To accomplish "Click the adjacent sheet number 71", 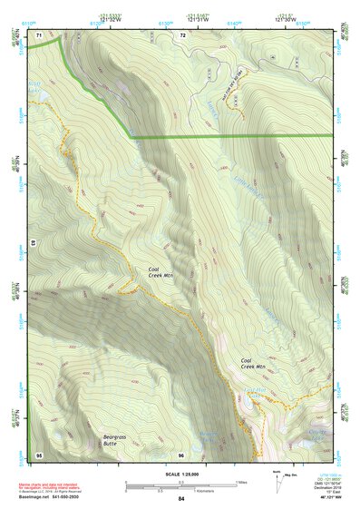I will pyautogui.click(x=39, y=34).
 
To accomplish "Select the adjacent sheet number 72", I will pyautogui.click(x=182, y=34).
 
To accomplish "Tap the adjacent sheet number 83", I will pyautogui.click(x=32, y=244).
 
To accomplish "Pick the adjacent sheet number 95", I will pyautogui.click(x=39, y=454).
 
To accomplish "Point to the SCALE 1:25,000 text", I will pyautogui.click(x=180, y=473).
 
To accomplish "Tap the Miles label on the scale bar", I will pyautogui.click(x=241, y=481).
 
